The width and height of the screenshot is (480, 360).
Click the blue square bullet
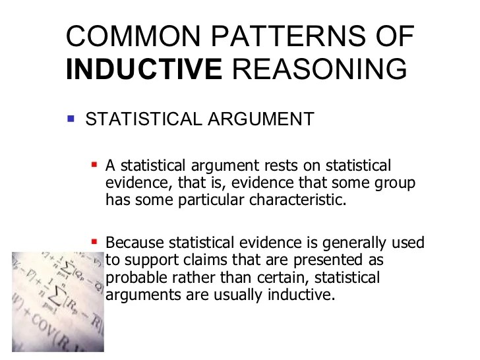[x=71, y=119]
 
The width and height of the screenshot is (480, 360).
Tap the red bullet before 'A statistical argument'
[x=94, y=163]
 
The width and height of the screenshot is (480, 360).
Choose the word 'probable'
[x=133, y=278]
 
